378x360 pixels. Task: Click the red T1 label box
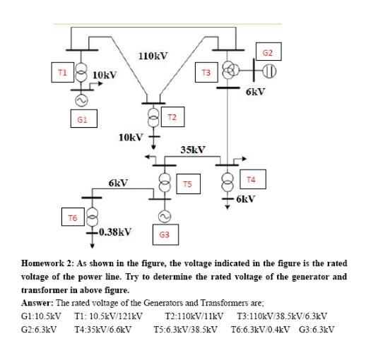(x=61, y=72)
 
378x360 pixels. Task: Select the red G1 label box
(x=82, y=119)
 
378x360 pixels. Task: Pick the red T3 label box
(x=206, y=73)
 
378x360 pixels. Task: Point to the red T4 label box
(x=251, y=179)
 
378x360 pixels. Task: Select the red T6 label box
(x=72, y=217)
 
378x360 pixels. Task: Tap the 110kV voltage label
(x=153, y=56)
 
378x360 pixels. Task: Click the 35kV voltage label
(x=192, y=150)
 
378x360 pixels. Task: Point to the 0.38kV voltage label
(x=114, y=231)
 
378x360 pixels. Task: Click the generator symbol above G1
(x=81, y=100)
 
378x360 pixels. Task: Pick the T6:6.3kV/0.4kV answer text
(x=259, y=330)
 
